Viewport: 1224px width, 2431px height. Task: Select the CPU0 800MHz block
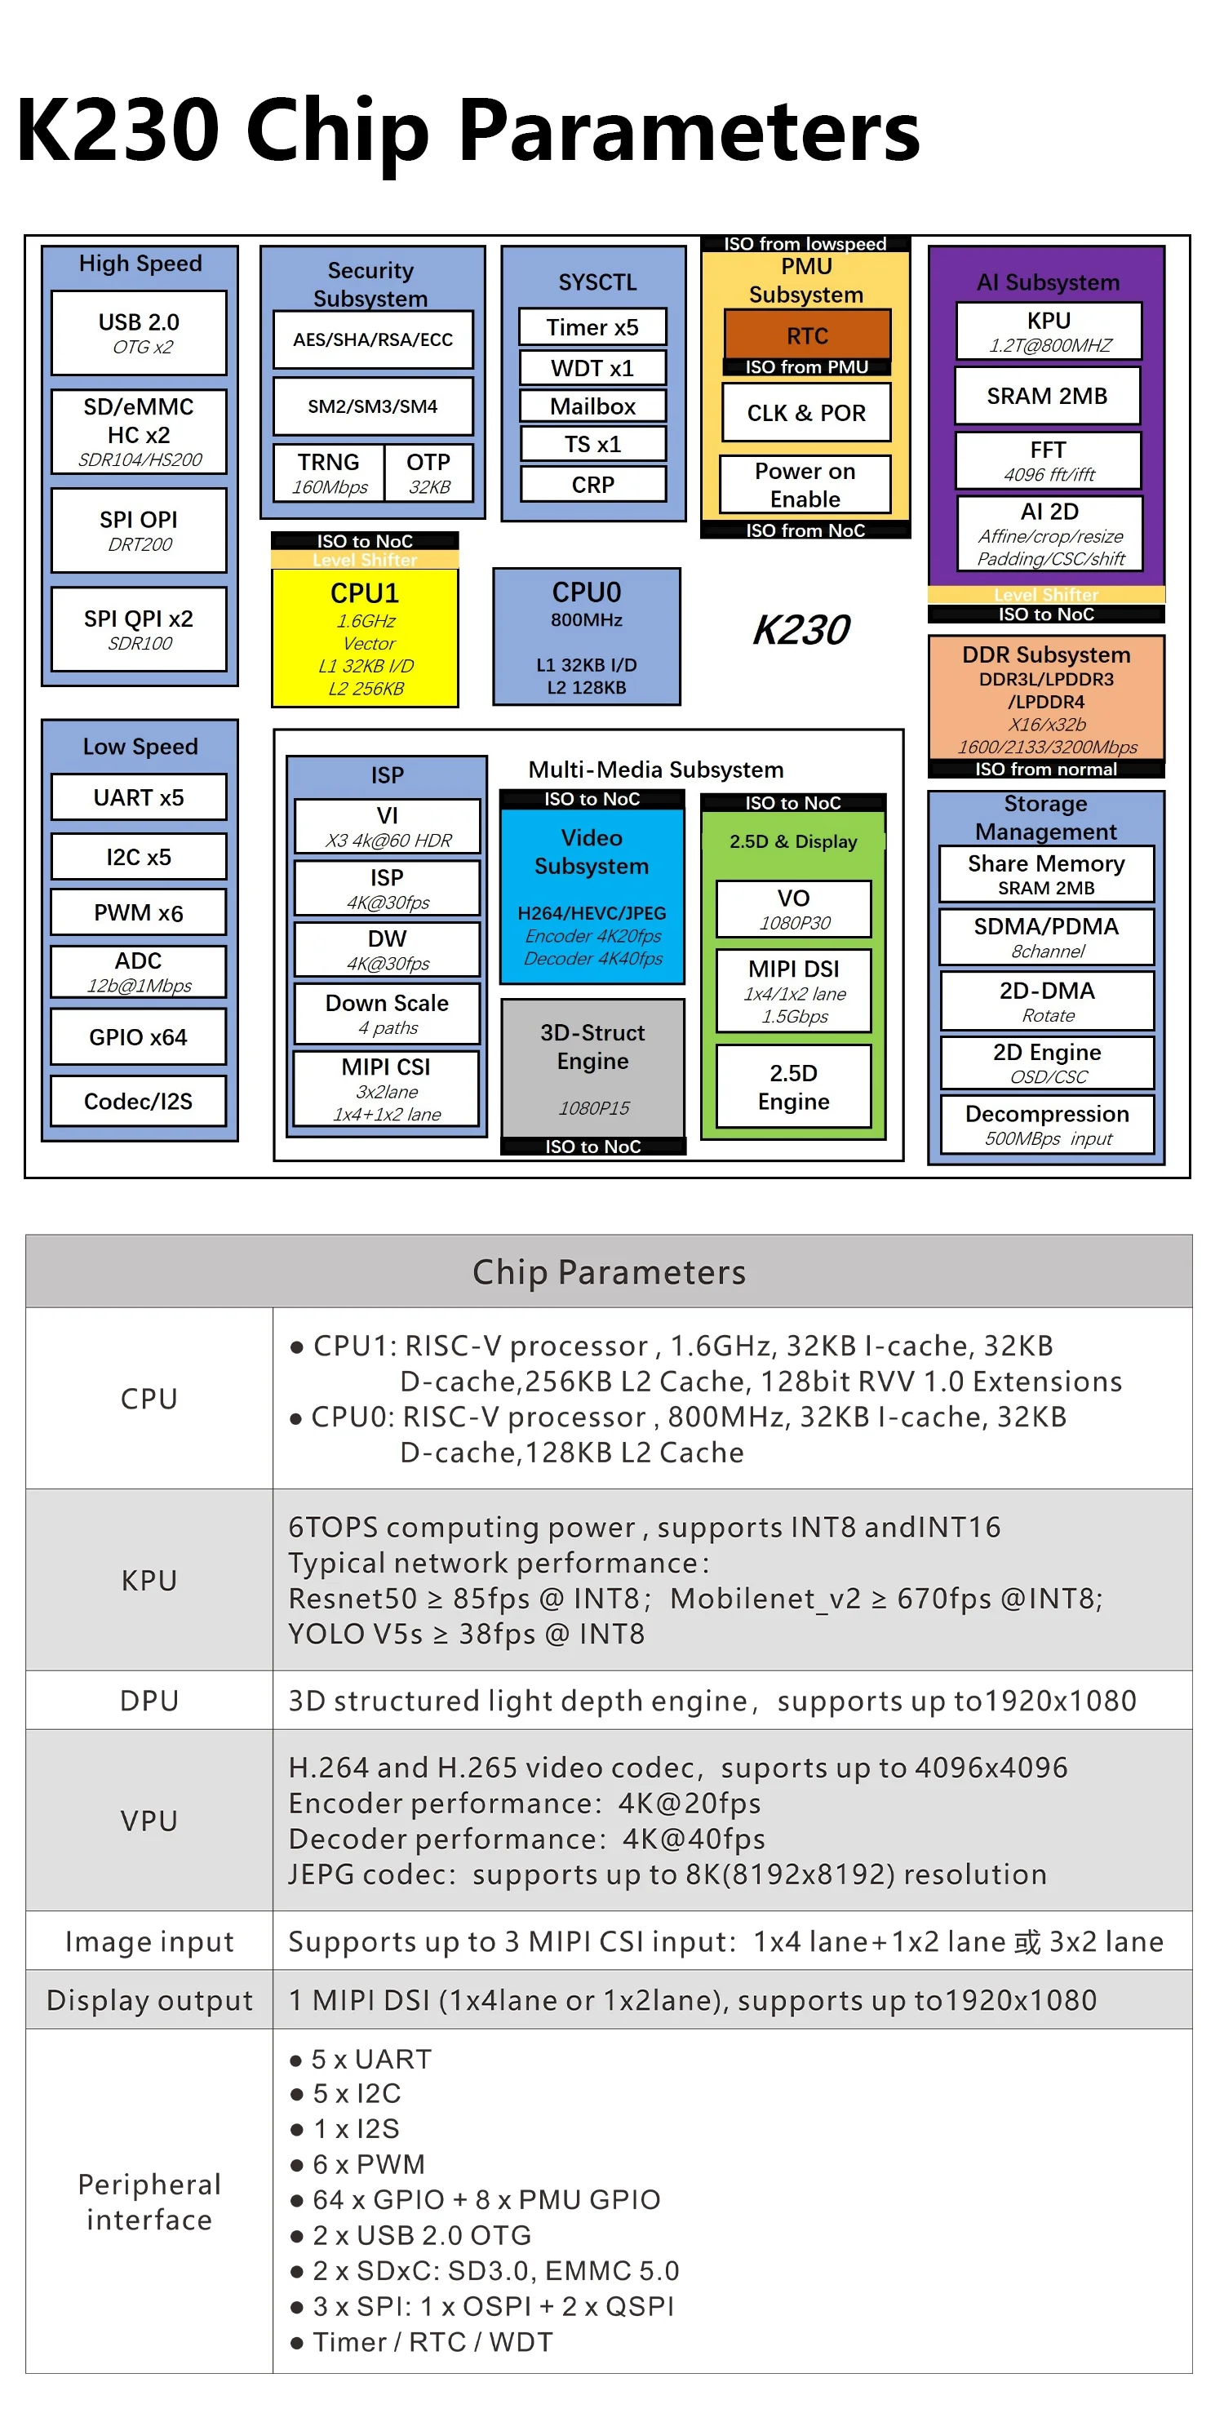[x=586, y=637]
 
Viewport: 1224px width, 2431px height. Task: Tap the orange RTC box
[x=807, y=335]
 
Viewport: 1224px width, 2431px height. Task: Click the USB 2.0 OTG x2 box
[x=139, y=332]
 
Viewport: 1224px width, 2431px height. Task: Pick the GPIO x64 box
[x=139, y=1037]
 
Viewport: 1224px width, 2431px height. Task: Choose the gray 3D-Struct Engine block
[x=592, y=1067]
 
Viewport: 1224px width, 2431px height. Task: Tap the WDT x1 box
[x=592, y=368]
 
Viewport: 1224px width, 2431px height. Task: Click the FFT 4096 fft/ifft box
[x=1049, y=459]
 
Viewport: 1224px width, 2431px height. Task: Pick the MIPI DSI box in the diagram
[x=794, y=990]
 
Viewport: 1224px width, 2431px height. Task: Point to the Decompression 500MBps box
[x=1048, y=1124]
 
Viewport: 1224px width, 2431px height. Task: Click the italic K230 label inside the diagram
[x=801, y=629]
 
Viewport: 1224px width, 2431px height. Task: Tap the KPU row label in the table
[x=149, y=1580]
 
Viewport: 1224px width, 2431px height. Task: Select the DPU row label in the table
[x=149, y=1701]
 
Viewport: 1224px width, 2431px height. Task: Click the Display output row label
[x=149, y=2000]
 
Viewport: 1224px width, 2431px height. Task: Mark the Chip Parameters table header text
[x=609, y=1271]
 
